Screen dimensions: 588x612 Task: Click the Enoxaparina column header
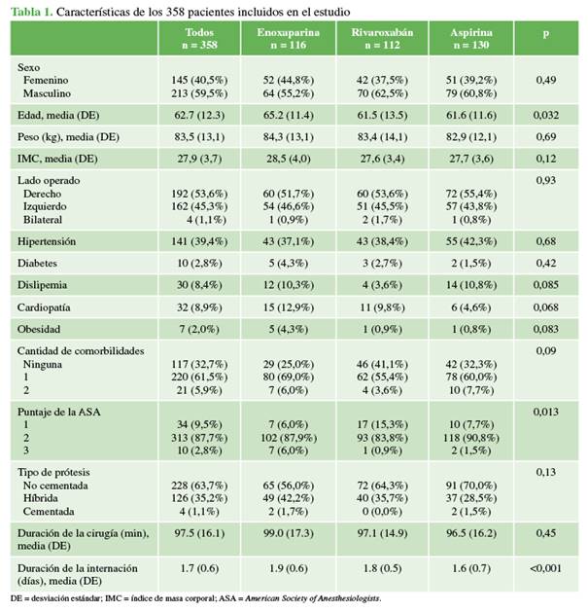coord(288,38)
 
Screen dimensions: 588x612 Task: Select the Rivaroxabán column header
coord(382,38)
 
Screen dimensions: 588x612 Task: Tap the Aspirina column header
coord(471,38)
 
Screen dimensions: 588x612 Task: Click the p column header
coord(546,33)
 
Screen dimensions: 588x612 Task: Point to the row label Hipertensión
coord(47,241)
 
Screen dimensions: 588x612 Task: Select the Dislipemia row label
coord(42,285)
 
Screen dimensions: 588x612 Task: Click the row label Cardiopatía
coord(44,307)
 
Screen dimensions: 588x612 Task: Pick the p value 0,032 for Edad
coord(546,115)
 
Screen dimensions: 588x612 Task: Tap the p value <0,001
coord(545,568)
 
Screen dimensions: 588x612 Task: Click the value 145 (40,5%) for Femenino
coord(199,80)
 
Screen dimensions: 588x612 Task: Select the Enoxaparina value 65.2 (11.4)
coord(288,115)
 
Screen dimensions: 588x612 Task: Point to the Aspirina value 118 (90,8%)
coord(471,438)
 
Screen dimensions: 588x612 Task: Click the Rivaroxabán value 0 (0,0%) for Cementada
coord(382,512)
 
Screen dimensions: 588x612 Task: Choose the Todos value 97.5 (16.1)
coord(199,533)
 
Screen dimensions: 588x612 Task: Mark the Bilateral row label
coord(43,220)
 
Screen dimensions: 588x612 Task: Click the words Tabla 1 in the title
coord(31,12)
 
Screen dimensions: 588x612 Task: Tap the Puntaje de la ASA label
coord(59,412)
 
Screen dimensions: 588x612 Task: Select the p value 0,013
coord(546,412)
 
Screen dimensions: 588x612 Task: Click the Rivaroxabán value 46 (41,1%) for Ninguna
coord(382,364)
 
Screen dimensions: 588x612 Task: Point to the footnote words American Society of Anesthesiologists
coord(312,598)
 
